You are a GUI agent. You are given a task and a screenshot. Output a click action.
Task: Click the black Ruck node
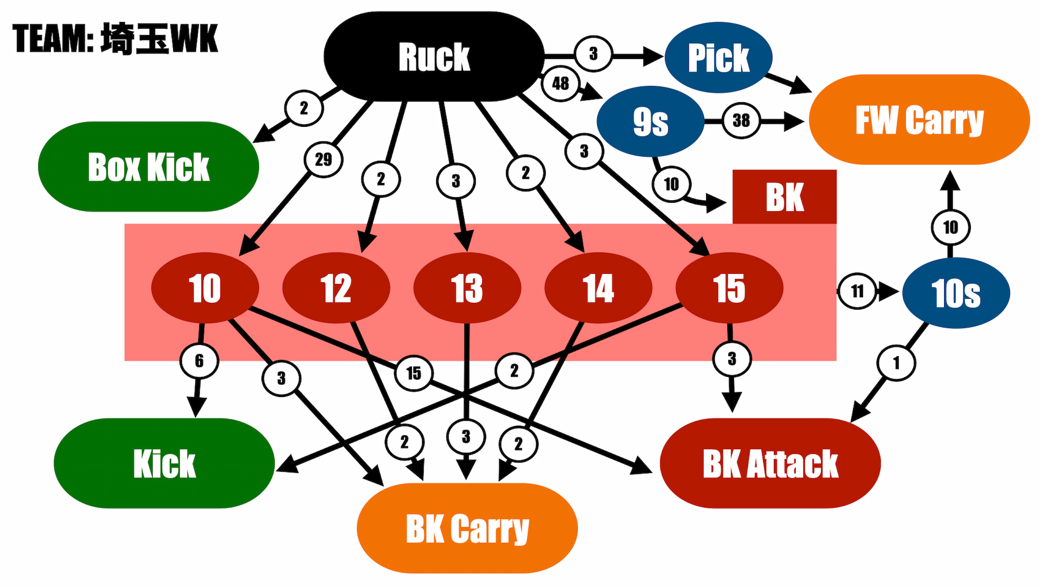click(434, 57)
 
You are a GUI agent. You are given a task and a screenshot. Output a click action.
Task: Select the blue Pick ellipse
click(719, 57)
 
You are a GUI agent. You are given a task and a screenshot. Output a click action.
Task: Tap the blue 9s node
click(650, 121)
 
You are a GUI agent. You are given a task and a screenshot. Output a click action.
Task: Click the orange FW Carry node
click(920, 119)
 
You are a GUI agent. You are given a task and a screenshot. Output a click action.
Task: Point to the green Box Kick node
click(148, 167)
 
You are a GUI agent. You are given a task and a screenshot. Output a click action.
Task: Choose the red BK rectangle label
click(784, 197)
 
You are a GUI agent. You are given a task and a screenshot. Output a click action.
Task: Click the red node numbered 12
click(336, 288)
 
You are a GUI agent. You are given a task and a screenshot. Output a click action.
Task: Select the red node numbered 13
click(467, 288)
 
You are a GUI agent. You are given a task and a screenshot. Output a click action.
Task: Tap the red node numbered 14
click(598, 288)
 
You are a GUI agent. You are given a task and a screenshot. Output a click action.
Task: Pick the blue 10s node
click(956, 293)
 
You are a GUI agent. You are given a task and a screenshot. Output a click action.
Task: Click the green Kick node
click(164, 463)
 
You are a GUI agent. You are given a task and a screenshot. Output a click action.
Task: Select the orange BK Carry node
click(467, 528)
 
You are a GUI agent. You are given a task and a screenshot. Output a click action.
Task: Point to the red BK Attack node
click(770, 463)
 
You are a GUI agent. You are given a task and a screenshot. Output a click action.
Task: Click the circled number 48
click(560, 84)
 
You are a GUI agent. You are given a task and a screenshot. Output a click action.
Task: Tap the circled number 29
click(323, 160)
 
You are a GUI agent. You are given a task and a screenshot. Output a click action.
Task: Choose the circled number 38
click(741, 120)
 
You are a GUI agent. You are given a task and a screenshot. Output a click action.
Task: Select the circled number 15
click(414, 373)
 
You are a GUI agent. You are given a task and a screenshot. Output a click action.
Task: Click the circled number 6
click(199, 361)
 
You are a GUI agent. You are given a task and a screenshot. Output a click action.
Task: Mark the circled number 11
click(857, 291)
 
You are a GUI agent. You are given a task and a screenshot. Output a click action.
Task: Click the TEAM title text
click(115, 38)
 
